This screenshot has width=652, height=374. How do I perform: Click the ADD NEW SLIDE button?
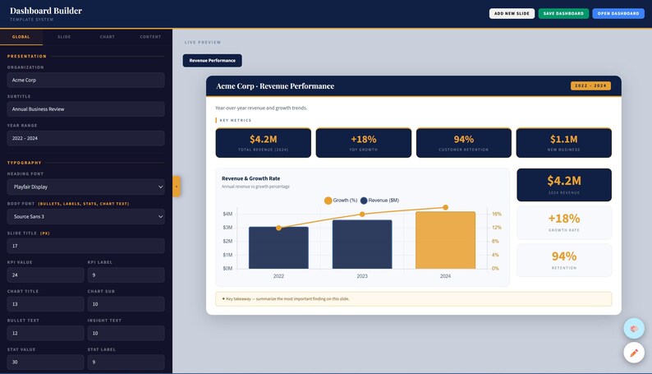point(512,13)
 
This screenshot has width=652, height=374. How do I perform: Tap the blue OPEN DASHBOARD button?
point(618,13)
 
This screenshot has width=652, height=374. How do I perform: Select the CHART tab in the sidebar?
point(108,37)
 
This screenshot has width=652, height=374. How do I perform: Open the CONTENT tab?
point(150,37)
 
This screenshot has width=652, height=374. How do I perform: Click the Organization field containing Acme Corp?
point(85,80)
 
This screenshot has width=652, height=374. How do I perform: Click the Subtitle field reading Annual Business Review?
point(85,109)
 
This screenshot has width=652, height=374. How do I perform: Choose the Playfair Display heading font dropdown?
point(85,187)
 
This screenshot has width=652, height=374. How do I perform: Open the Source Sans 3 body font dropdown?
point(85,216)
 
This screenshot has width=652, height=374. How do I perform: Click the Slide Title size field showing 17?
point(85,246)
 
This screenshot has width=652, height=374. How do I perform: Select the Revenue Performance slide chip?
point(212,60)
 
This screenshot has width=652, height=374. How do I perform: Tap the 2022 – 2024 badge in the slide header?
point(590,85)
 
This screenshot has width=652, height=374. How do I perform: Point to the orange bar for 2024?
point(445,240)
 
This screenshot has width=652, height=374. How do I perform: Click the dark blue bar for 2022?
point(278,247)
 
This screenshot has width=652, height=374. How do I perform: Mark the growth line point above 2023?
point(362,215)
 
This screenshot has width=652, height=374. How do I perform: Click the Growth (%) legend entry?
point(341,201)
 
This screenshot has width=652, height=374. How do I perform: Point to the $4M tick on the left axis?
point(227,214)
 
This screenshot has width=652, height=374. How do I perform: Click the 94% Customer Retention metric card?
point(463,142)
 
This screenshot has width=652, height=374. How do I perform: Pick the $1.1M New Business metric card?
point(563,142)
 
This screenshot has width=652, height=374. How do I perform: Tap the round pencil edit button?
point(633,353)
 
